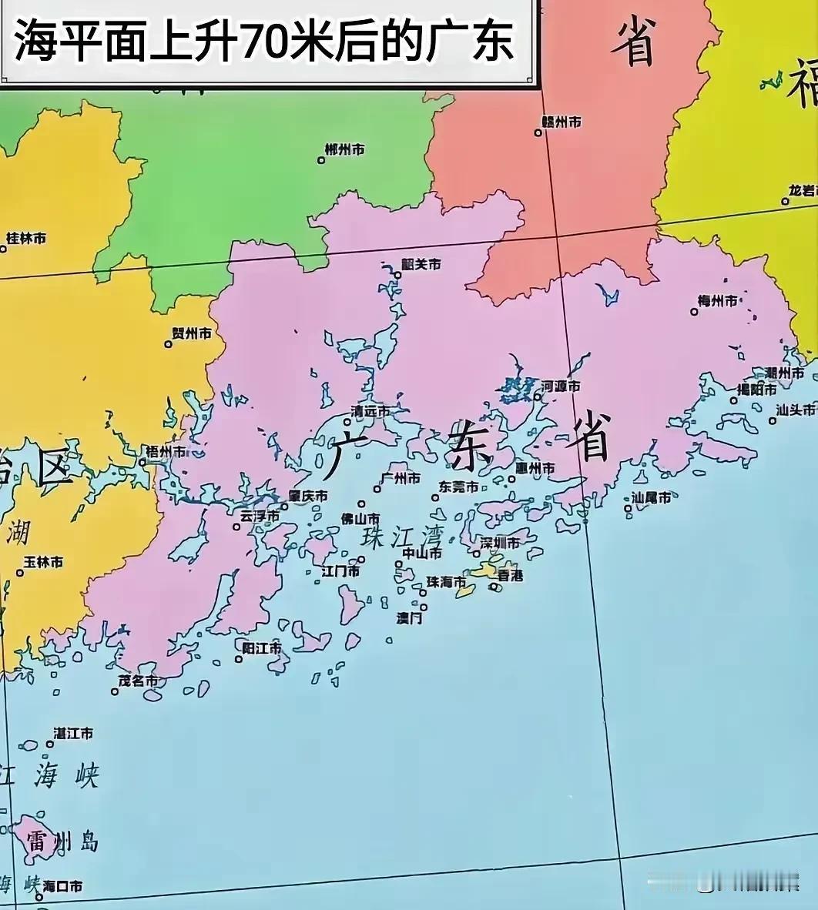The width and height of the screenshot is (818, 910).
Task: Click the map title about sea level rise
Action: coord(264,41)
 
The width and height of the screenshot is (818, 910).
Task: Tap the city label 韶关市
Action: coord(422,264)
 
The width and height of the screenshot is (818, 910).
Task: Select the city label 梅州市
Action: coord(717,301)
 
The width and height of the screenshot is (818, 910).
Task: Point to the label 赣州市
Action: coord(562,122)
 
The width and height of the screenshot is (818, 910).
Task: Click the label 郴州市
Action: coord(344,149)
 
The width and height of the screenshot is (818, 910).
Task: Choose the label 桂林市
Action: coord(26,238)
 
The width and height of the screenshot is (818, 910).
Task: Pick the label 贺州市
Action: coord(191,333)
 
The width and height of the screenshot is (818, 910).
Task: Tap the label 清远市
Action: coord(370,411)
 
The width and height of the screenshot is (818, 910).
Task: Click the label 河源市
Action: coord(561,386)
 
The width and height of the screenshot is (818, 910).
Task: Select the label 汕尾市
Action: coord(651,497)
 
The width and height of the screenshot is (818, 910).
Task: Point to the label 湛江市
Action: coord(73,733)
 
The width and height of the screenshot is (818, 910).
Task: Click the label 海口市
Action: coord(63,886)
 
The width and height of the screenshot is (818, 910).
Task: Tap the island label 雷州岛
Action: coord(62,841)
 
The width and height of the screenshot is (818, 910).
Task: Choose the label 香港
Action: coord(510,574)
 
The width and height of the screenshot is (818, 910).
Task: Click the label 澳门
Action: coord(409,617)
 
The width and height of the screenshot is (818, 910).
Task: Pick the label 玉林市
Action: coord(44,562)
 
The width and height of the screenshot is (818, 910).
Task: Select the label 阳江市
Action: coord(262,648)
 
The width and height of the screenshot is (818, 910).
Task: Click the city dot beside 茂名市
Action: coord(115,691)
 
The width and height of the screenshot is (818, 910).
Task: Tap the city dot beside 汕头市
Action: coord(773,420)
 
